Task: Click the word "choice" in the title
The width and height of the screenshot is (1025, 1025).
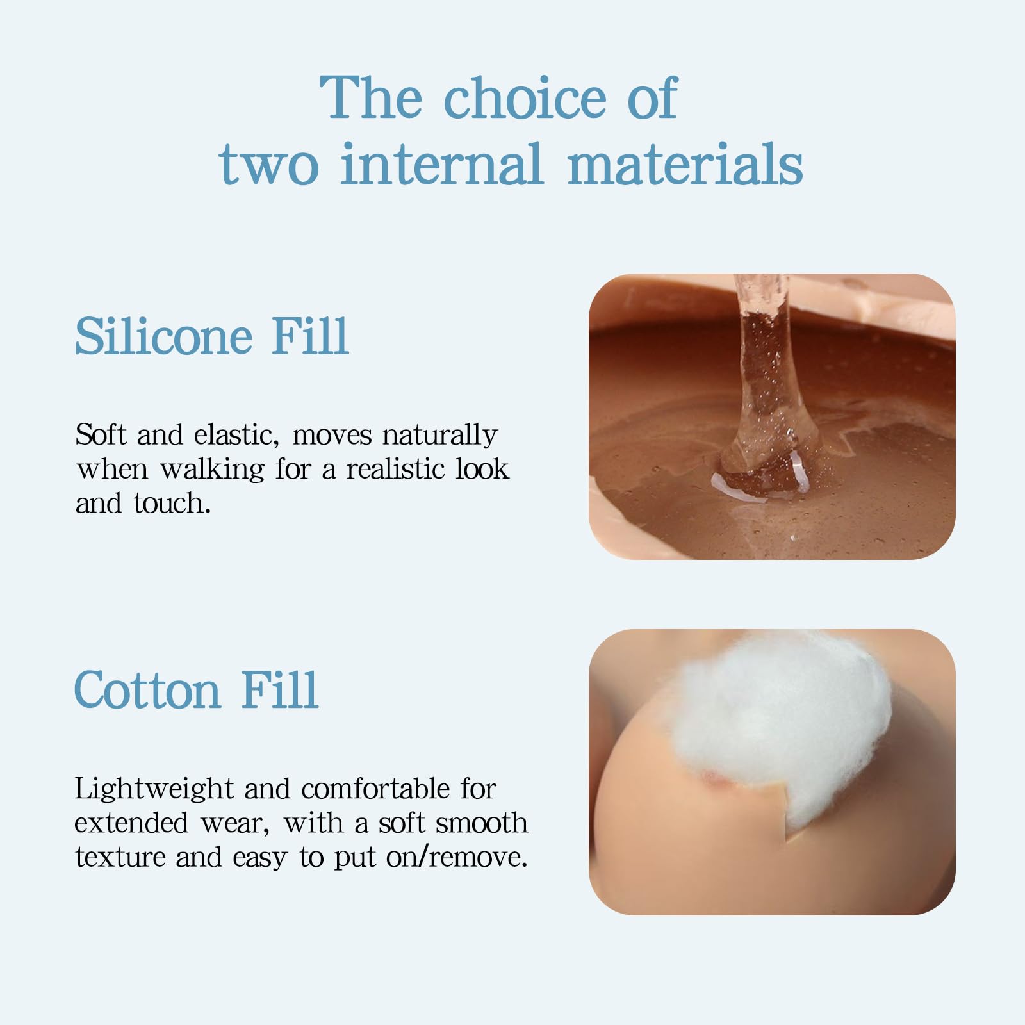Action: pos(525,97)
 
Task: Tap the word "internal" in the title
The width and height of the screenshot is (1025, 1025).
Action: pos(441,164)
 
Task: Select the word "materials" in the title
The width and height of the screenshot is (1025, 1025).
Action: pos(685,164)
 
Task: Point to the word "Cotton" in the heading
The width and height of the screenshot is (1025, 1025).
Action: pos(147,690)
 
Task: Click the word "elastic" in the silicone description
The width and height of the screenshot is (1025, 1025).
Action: pos(236,435)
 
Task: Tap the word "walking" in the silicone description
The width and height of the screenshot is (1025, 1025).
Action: pos(212,470)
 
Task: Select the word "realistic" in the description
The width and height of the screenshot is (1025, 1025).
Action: pos(395,469)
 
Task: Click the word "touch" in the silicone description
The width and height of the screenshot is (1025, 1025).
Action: pos(172,504)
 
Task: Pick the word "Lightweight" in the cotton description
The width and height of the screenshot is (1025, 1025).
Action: pos(154,789)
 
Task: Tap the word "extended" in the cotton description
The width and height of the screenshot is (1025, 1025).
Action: pos(131,823)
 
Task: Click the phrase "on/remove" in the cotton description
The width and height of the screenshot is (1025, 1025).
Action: pos(457,857)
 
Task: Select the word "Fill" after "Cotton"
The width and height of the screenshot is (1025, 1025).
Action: pos(279,690)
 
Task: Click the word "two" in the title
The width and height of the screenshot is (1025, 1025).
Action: pos(268,165)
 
